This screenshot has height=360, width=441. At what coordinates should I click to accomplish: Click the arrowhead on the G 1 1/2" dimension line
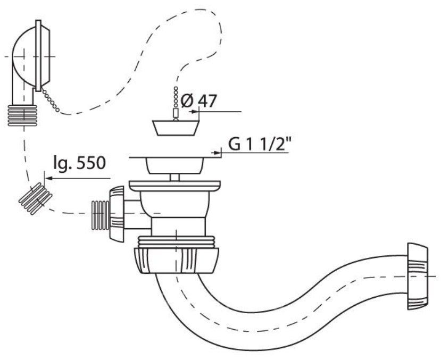click(218, 153)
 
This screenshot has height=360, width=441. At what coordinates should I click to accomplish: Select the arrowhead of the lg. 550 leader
click(47, 179)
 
